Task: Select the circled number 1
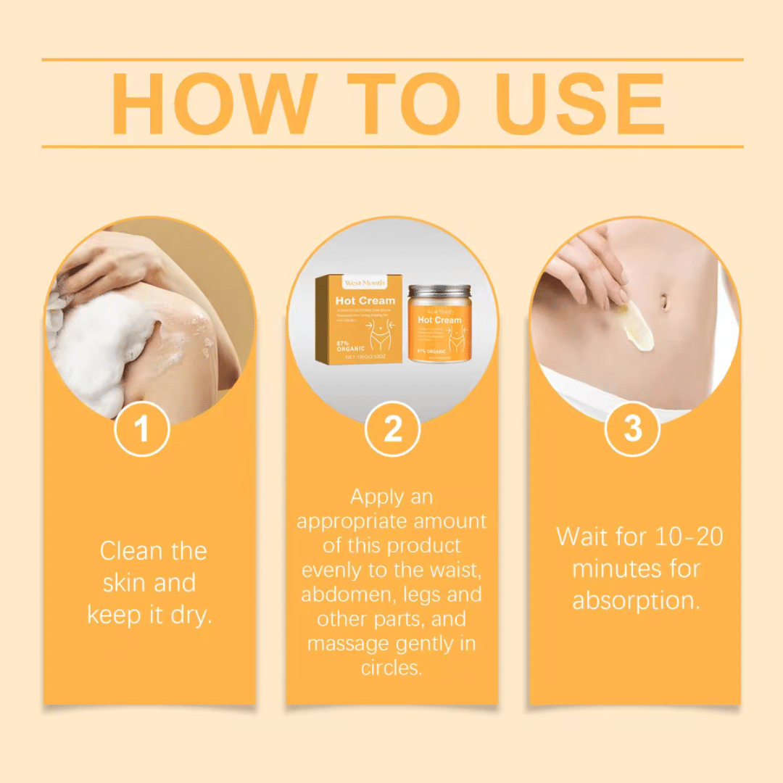pos(142,429)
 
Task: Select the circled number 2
pos(392,429)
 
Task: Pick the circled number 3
pos(633,429)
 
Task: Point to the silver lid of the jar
pos(439,291)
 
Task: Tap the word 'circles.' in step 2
pos(391,667)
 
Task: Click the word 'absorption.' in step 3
pos(637,600)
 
